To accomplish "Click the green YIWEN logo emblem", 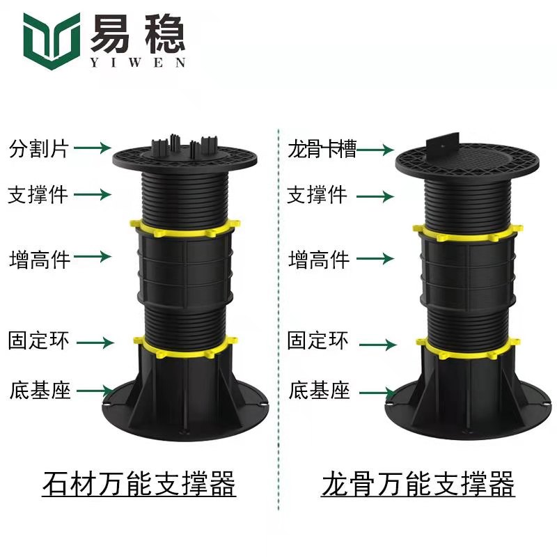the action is [52, 40].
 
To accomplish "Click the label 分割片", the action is [39, 148].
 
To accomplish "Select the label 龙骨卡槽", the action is [322, 148].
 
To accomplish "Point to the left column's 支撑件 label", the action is [38, 194].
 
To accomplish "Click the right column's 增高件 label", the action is [319, 259].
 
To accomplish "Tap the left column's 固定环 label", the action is [38, 340].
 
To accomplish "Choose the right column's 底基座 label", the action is [319, 391].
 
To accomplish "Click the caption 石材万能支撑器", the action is [139, 483].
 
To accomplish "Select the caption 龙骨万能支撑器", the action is [418, 483].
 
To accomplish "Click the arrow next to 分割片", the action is [93, 148].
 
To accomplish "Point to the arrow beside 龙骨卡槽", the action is [375, 150].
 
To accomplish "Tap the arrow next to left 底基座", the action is [95, 391].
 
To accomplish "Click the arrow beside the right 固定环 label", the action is [378, 345].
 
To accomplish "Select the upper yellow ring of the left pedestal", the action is [185, 228].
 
